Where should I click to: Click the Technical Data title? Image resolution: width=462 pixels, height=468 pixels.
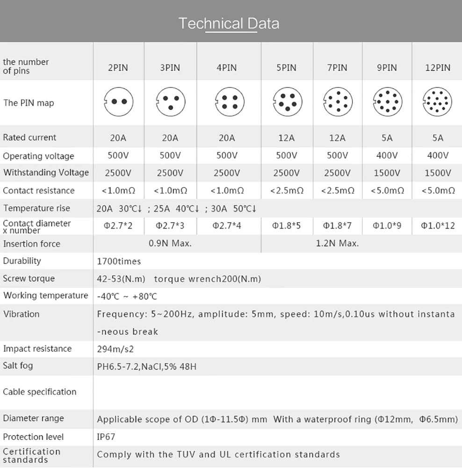[x=229, y=23]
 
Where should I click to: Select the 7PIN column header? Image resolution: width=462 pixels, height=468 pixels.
[x=337, y=67]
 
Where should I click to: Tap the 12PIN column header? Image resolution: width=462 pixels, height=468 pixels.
[x=438, y=67]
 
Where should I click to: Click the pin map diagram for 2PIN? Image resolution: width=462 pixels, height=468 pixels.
[x=118, y=101]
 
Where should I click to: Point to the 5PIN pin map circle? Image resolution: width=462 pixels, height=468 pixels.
[x=287, y=102]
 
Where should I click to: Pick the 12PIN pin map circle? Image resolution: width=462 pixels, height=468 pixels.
[x=437, y=102]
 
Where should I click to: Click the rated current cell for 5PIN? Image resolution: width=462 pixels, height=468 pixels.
[x=286, y=138]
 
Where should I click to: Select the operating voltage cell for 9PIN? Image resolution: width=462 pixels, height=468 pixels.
[x=387, y=155]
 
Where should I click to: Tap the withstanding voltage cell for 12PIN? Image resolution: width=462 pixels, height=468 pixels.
[x=438, y=173]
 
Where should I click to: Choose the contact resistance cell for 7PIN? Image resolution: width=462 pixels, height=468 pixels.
[x=337, y=190]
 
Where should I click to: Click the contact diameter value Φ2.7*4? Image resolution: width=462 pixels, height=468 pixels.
[x=227, y=226]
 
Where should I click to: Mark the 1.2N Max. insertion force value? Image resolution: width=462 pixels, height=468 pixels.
[x=337, y=243]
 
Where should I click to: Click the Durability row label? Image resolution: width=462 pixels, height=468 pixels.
[x=22, y=261]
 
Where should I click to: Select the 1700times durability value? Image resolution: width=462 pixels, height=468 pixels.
[x=119, y=261]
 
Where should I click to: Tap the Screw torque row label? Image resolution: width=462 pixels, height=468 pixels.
[x=29, y=278]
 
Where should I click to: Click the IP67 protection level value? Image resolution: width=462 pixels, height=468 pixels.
[x=106, y=437]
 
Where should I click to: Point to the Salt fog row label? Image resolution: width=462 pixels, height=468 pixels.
[x=18, y=366]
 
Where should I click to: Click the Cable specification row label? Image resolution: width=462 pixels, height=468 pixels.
[x=39, y=392]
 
